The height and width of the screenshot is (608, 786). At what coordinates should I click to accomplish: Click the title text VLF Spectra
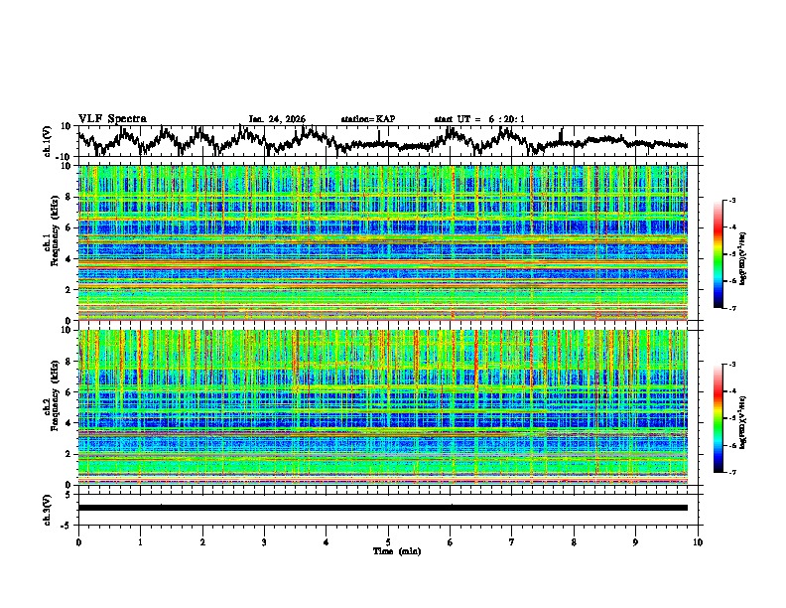(112, 118)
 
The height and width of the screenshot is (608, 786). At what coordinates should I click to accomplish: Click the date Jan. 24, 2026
(277, 119)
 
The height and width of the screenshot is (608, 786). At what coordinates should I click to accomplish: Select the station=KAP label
(367, 119)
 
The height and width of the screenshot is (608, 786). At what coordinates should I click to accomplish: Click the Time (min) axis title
(388, 550)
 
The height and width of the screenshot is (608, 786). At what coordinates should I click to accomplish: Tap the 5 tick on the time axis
(388, 541)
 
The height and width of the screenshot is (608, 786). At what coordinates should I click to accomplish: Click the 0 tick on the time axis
(78, 541)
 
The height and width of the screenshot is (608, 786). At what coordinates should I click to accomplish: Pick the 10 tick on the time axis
(698, 541)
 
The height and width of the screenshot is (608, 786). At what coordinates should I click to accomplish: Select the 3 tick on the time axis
(264, 541)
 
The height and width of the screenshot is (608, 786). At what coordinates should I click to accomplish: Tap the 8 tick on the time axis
(574, 541)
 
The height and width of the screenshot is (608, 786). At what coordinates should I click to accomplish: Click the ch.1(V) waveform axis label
(49, 141)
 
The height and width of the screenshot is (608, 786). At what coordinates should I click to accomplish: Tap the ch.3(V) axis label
(49, 508)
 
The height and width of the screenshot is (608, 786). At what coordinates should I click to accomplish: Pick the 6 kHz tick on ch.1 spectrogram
(69, 228)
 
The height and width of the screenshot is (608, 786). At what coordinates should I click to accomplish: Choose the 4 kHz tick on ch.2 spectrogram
(69, 422)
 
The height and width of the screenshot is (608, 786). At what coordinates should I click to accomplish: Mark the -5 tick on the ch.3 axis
(67, 523)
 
